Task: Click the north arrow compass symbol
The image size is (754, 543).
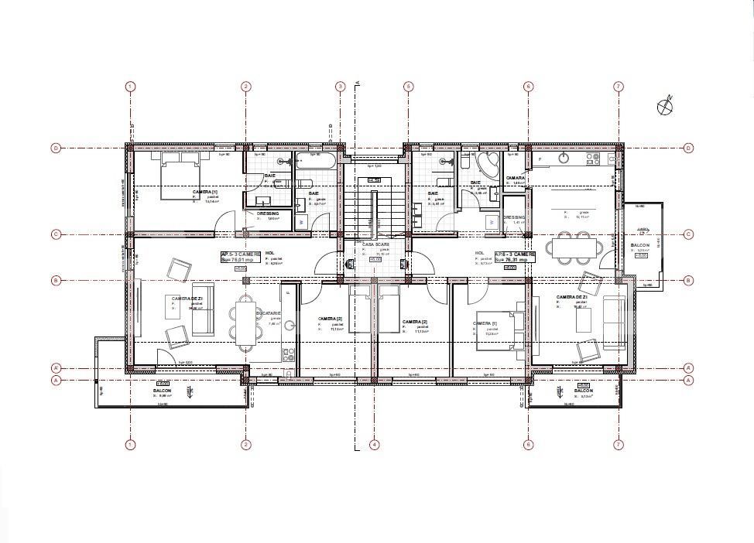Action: click(x=665, y=107)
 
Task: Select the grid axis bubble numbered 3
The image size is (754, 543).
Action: click(x=340, y=87)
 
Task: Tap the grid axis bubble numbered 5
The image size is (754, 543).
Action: click(x=408, y=87)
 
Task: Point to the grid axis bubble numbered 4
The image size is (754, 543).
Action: click(x=374, y=444)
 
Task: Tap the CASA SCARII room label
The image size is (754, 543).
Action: click(x=375, y=244)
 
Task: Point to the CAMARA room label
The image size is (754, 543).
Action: click(x=516, y=178)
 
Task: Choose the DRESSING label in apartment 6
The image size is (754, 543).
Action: click(x=514, y=217)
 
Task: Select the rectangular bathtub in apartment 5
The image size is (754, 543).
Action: click(x=316, y=162)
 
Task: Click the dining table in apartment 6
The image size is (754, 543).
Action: click(x=576, y=248)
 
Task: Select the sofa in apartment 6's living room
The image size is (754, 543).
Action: click(x=616, y=322)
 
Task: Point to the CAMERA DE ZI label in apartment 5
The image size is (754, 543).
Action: click(x=187, y=299)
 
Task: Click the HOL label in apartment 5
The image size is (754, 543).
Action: click(x=269, y=253)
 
